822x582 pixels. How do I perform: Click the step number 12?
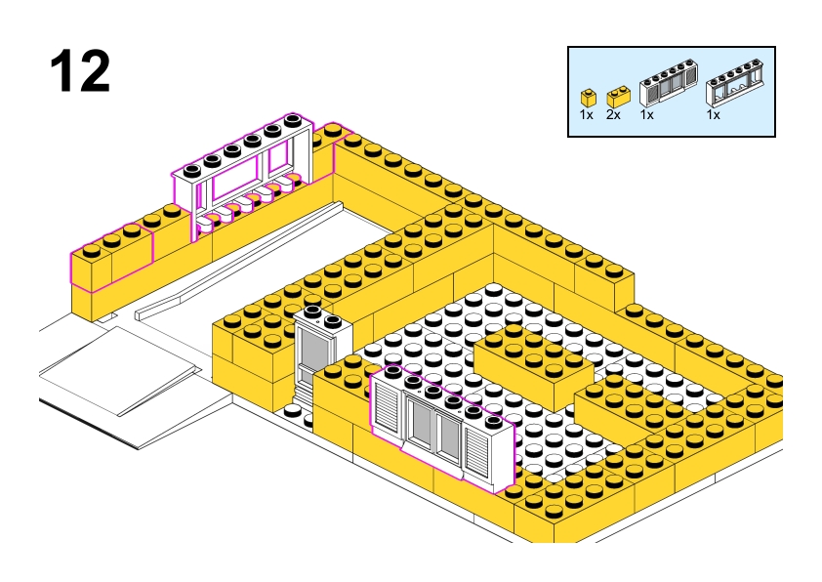click(80, 71)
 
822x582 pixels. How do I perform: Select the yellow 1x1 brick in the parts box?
click(588, 97)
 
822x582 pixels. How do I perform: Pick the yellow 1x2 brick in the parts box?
click(617, 97)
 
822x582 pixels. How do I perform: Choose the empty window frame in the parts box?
click(737, 88)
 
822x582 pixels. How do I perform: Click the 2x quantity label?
click(613, 115)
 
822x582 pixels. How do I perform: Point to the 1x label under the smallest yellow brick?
click(586, 115)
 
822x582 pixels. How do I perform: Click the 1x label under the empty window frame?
click(713, 115)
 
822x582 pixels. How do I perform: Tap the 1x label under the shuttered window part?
click(646, 115)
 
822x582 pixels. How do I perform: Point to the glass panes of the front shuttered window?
click(434, 431)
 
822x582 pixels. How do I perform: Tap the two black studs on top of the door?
click(323, 316)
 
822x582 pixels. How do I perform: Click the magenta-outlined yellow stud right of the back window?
click(332, 132)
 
